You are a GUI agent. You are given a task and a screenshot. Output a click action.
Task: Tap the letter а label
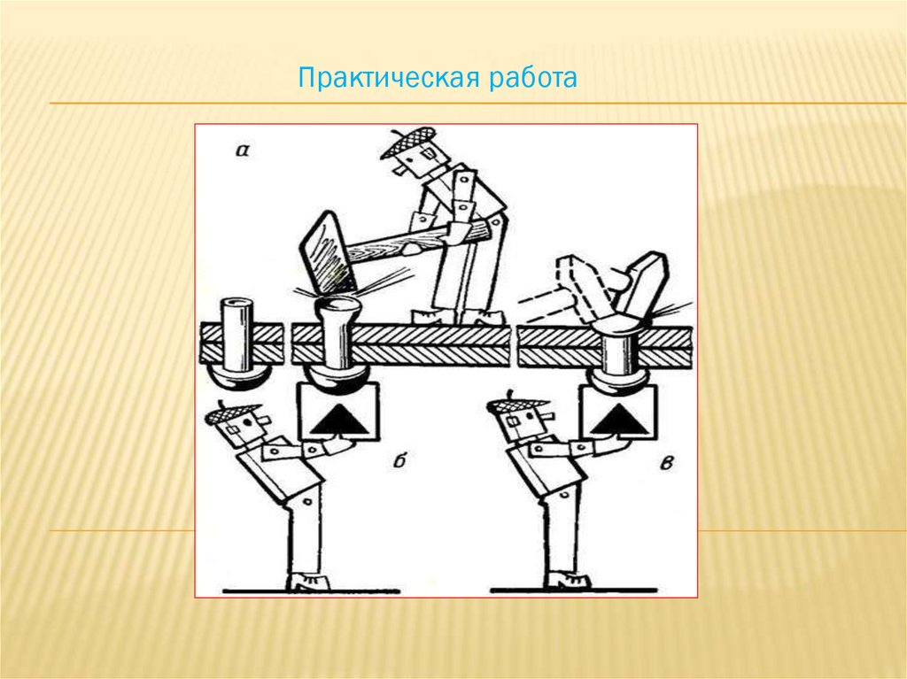click(x=241, y=150)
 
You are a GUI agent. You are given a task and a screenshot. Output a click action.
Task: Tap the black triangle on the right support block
click(x=617, y=419)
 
